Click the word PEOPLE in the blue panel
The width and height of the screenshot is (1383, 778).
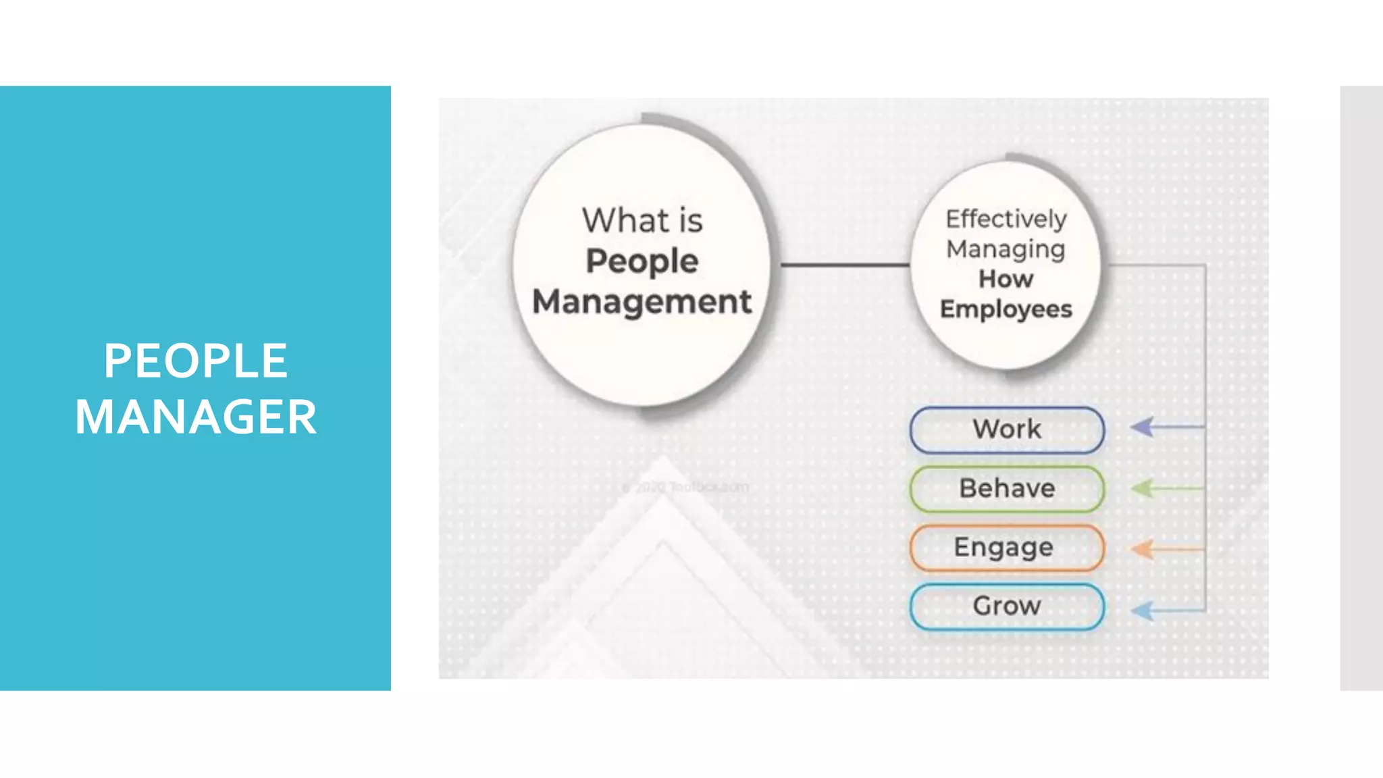[196, 361]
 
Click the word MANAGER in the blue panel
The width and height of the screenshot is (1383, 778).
[196, 417]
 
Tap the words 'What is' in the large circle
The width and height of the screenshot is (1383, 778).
[642, 220]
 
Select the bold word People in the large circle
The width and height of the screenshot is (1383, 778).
[642, 261]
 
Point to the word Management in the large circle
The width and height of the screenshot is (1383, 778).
[642, 302]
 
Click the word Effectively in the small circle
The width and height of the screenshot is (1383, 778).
[1006, 219]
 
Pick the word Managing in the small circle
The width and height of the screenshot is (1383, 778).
[1006, 249]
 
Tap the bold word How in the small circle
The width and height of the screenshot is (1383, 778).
[1006, 279]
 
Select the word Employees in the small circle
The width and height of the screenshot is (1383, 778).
[1006, 309]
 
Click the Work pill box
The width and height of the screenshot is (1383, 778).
[1007, 430]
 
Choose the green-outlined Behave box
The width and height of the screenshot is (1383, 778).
[1007, 488]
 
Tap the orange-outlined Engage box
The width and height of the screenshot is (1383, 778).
[1007, 548]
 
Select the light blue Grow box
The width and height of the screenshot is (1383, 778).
[1007, 606]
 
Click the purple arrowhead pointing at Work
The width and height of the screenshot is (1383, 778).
[1143, 427]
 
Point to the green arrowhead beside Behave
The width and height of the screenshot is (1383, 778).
[1143, 488]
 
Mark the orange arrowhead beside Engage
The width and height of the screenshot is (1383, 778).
[1143, 549]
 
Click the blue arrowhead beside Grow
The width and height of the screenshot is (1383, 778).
[1143, 611]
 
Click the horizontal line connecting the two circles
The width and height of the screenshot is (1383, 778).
[844, 265]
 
